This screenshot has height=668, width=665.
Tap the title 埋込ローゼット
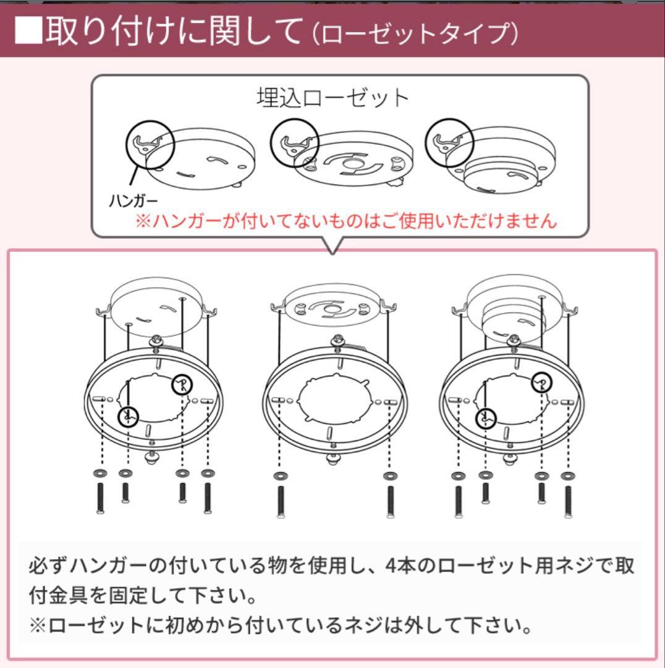pos(332,98)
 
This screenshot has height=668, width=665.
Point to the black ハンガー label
pos(133,201)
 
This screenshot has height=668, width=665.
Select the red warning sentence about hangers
pos(346,221)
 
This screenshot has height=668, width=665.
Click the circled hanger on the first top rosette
pos(151,144)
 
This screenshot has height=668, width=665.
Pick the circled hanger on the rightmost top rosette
pos(448,143)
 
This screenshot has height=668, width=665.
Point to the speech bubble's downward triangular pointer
pos(334,247)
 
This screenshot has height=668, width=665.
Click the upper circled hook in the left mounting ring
pos(182,385)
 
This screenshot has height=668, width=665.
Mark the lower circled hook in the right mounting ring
pos(486,417)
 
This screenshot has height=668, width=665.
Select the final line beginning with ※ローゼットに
pos(281,627)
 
